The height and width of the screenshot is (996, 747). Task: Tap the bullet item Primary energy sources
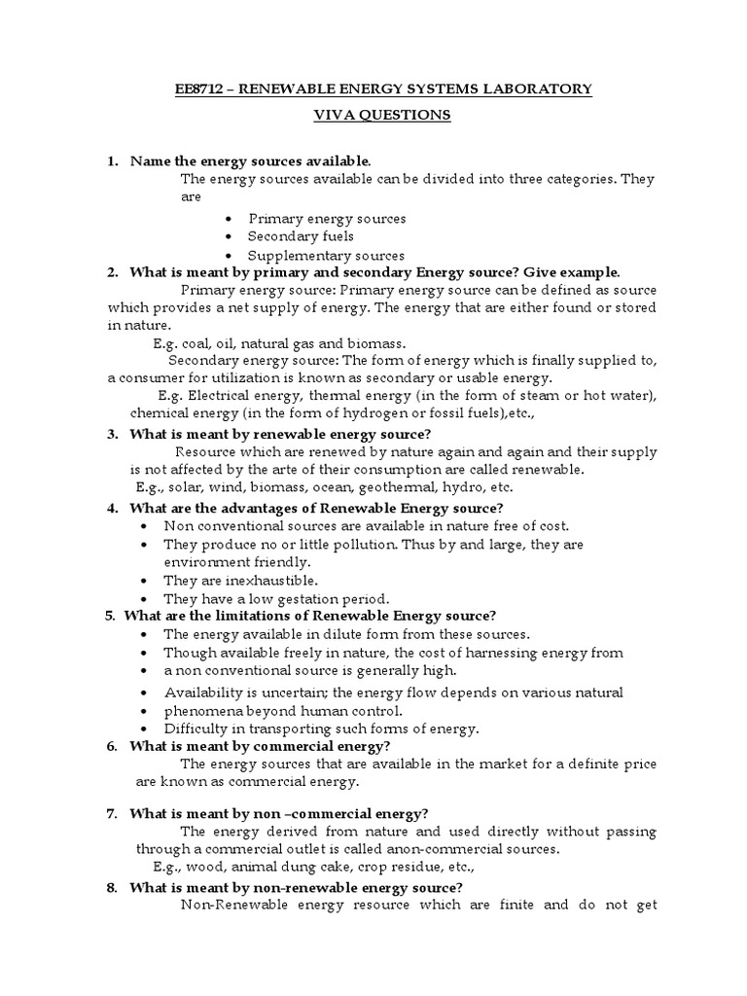click(327, 219)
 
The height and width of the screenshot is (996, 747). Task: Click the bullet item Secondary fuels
click(301, 237)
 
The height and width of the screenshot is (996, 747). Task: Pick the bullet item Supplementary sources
click(326, 256)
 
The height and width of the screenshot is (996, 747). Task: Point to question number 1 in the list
click(113, 160)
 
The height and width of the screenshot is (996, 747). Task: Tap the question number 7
click(113, 813)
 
